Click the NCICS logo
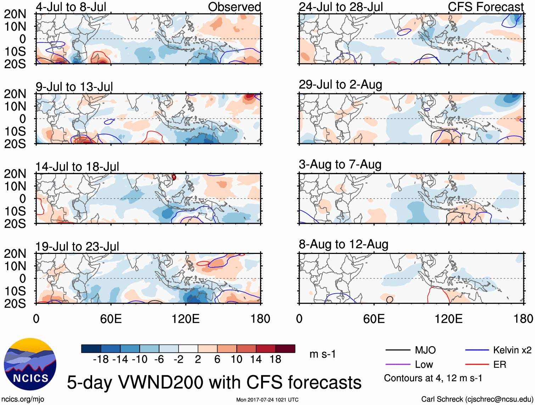30,364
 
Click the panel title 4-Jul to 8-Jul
71,7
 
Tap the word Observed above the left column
234,7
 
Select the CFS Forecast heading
485,7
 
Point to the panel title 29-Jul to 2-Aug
340,85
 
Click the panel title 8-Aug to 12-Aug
343,244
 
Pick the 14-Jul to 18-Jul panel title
77,167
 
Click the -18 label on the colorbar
101,360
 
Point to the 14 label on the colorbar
256,360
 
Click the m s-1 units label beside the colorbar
322,354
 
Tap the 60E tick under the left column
111,319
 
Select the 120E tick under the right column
449,319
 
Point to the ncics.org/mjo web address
23,399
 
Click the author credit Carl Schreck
477,399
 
